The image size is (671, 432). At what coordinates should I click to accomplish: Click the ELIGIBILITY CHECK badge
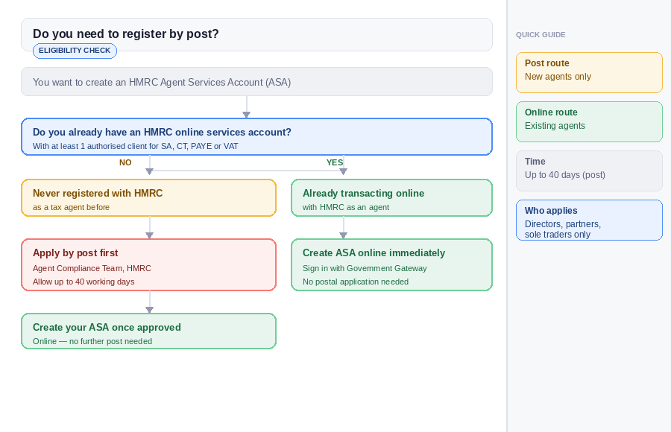(75, 51)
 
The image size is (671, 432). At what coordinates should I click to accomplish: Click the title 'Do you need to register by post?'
(126, 34)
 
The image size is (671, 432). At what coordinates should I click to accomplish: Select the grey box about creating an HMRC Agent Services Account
(256, 82)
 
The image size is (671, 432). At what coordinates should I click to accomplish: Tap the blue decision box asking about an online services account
(256, 137)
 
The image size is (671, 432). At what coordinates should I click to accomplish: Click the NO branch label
(125, 162)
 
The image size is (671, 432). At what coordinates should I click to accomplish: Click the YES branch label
(335, 162)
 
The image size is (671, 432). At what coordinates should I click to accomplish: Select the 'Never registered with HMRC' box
(148, 198)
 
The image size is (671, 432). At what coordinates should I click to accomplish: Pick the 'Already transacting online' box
(391, 198)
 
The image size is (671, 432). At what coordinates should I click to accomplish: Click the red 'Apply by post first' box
(148, 264)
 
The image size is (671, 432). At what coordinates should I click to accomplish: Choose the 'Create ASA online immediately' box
(391, 264)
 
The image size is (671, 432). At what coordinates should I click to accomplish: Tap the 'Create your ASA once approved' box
(148, 331)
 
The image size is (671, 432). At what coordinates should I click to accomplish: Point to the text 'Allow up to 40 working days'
(84, 282)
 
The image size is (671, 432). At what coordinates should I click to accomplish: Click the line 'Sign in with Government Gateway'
(365, 268)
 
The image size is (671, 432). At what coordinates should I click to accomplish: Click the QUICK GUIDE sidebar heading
(541, 35)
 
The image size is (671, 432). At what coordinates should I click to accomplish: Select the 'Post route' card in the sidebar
(589, 72)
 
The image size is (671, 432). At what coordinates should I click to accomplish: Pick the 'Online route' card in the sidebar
(589, 121)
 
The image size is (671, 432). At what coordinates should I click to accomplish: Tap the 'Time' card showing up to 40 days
(589, 171)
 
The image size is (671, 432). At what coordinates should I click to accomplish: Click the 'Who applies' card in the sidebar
(589, 220)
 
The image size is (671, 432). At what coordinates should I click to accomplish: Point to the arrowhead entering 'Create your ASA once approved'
(149, 309)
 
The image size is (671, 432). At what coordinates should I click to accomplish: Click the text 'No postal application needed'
(356, 282)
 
